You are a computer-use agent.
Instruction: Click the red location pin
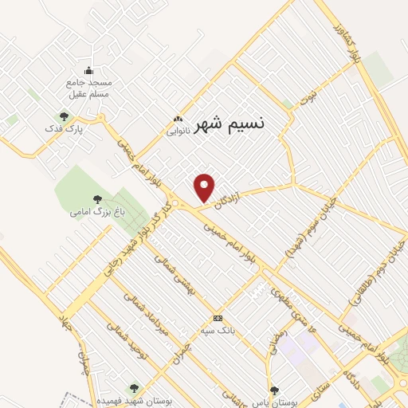tap(205, 186)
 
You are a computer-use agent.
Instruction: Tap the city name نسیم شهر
tap(226, 124)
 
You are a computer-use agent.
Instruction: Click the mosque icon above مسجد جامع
tap(89, 70)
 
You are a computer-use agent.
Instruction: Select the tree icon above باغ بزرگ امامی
tap(97, 199)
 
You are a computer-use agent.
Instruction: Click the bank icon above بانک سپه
tap(218, 317)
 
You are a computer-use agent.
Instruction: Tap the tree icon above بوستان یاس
tap(274, 390)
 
